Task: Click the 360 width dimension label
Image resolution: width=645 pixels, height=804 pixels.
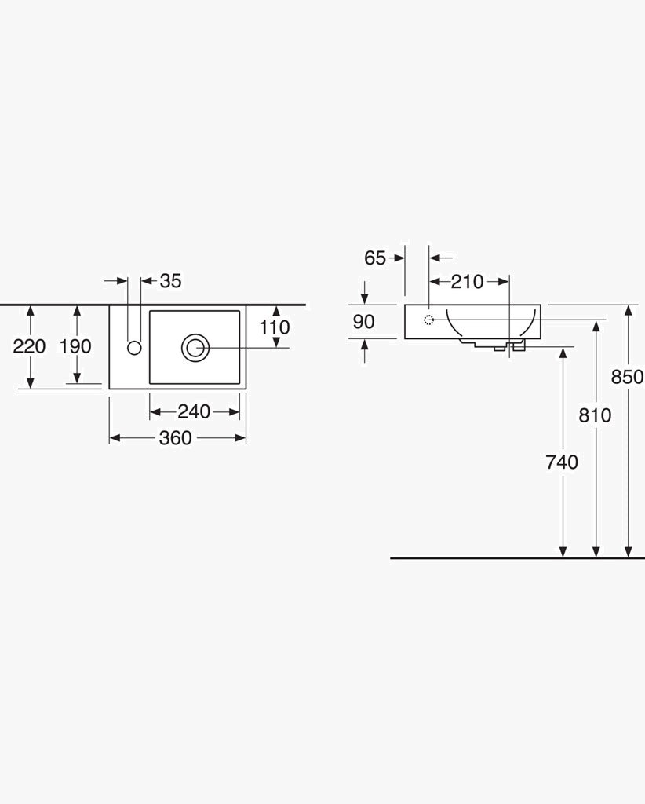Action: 175,438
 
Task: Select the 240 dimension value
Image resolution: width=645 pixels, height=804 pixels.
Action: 194,411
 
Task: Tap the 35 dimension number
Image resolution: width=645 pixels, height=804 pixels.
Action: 170,281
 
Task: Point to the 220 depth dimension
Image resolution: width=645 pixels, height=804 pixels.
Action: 29,346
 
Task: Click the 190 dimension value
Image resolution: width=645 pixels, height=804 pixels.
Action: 75,346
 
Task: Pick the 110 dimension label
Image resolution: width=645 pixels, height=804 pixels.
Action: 275,327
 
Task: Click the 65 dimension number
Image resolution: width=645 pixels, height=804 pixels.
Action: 375,258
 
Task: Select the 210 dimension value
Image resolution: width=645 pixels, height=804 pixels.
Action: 467,282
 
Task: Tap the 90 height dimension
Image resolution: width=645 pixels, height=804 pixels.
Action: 364,321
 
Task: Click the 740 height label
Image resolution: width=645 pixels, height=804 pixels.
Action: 562,462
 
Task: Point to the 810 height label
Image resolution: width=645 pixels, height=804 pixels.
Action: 595,415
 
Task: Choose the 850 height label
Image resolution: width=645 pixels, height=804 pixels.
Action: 628,377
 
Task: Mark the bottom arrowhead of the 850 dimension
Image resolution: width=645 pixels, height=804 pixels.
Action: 628,552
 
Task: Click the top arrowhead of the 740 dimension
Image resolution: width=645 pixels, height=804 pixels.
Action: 563,353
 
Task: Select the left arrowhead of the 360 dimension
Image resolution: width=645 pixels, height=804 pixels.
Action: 115,438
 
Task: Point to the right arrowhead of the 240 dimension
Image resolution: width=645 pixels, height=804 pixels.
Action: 234,411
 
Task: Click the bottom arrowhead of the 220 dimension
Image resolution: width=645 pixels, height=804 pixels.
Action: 31,382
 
